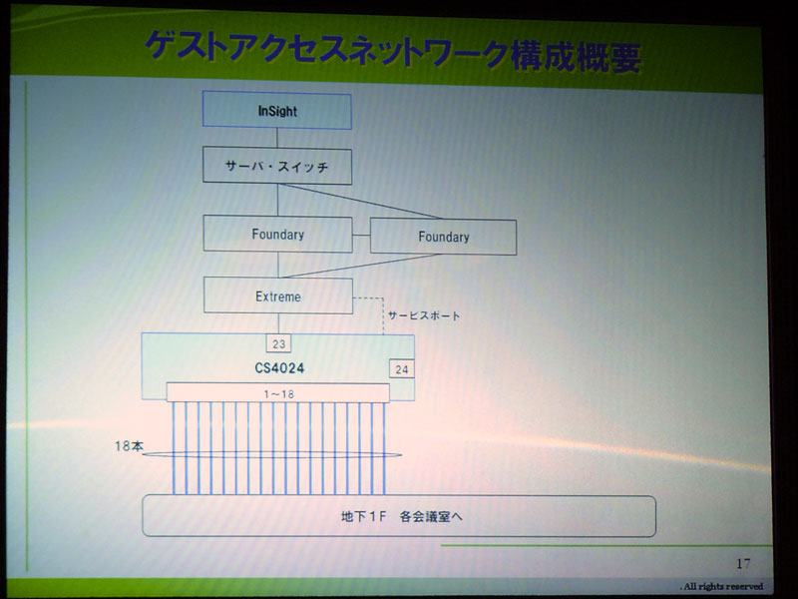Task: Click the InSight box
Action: (277, 110)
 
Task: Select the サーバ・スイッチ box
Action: (277, 166)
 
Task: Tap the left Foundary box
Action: (278, 234)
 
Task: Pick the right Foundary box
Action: (443, 237)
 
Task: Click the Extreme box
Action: (278, 296)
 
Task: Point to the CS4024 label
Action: (279, 367)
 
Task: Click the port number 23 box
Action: (278, 343)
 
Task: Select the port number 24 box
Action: (402, 369)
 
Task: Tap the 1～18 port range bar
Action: (278, 393)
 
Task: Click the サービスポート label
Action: (424, 315)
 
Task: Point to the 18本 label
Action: (130, 446)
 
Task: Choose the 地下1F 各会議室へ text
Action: (402, 516)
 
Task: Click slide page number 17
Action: (743, 563)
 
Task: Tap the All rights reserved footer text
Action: (721, 586)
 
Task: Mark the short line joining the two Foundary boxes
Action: (361, 236)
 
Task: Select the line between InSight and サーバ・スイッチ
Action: (277, 138)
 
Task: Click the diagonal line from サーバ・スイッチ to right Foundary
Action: (360, 202)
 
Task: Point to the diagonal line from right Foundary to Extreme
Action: (360, 266)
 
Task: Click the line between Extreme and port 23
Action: (278, 323)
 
